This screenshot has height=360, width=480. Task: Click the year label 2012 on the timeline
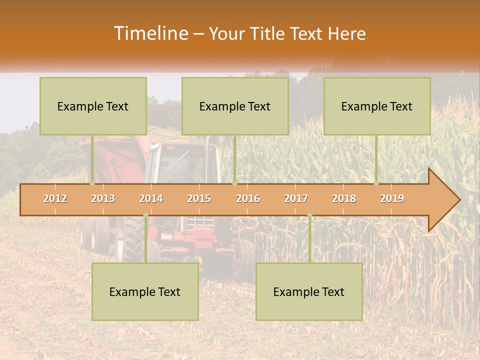55,198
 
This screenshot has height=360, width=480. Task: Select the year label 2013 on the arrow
103,198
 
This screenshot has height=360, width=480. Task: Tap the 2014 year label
151,198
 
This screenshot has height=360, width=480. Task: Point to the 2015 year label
199,198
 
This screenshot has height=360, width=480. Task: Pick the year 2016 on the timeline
248,198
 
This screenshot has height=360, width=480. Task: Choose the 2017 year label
296,198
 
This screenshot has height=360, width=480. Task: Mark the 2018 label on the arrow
344,198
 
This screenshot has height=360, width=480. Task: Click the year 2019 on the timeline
392,198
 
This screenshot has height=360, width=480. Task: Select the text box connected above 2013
93,106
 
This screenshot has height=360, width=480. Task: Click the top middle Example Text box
235,106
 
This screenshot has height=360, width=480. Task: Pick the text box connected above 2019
377,106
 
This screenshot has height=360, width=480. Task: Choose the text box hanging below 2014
145,291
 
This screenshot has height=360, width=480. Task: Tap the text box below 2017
309,291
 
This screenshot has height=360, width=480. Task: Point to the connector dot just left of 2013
92,183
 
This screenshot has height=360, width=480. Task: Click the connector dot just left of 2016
234,183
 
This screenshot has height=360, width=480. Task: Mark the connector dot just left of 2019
376,183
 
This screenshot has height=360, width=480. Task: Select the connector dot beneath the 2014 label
145,215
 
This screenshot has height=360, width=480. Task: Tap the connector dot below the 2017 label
309,215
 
